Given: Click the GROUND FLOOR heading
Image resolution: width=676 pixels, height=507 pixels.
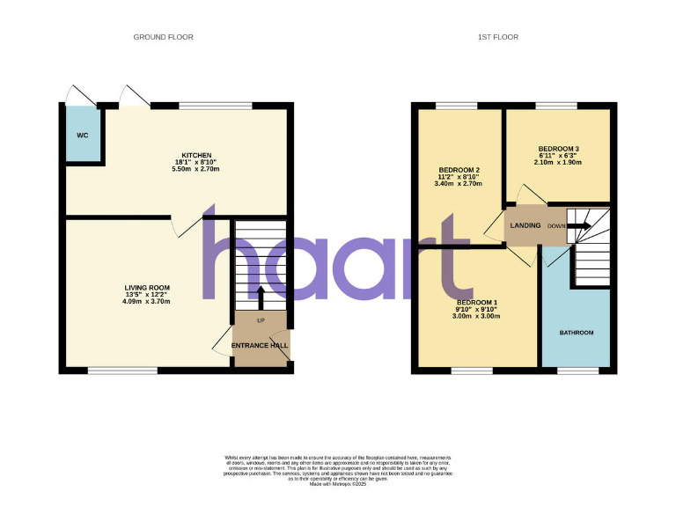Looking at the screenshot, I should tap(163, 37).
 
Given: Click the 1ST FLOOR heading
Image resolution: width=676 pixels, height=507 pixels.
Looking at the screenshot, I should tap(498, 37).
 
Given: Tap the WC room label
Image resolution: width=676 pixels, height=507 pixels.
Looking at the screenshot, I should tap(82, 136).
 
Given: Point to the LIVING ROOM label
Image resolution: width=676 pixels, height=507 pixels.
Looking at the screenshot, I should tap(147, 288).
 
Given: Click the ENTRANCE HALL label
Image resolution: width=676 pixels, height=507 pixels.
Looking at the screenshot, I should tap(260, 346).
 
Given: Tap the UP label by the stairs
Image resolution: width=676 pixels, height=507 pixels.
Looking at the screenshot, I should tap(261, 320).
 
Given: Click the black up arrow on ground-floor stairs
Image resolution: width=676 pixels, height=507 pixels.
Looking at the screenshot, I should tap(260, 297).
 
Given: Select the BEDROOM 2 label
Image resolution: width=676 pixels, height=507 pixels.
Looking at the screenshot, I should tap(459, 170).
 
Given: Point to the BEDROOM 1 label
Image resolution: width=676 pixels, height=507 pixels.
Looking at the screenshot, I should tap(478, 302).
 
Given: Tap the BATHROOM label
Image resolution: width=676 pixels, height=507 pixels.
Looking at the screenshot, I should tap(577, 333).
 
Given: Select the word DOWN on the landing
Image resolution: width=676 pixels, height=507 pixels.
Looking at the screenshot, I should tap(556, 226).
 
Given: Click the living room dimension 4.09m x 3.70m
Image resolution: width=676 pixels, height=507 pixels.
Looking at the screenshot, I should tap(147, 302).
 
